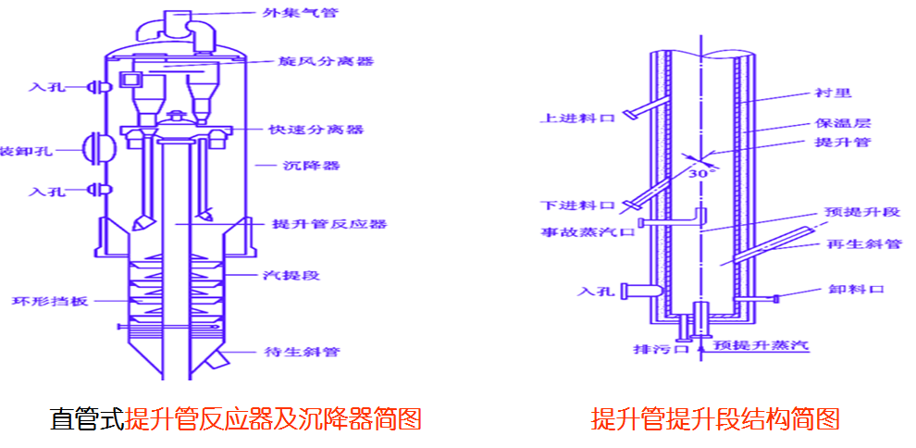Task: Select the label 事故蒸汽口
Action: [x=588, y=231]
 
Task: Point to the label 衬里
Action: [x=832, y=93]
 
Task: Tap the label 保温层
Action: [x=840, y=122]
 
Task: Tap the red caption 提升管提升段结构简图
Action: [x=715, y=419]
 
